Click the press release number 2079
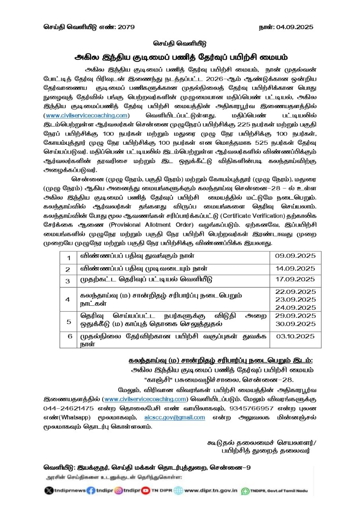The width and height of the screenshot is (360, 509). (x=126, y=27)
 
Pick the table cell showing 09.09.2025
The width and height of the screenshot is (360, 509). (x=295, y=256)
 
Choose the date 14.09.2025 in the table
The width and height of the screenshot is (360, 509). (x=295, y=268)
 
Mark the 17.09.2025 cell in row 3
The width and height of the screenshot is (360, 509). (x=295, y=279)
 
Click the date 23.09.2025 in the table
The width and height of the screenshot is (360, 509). (x=295, y=299)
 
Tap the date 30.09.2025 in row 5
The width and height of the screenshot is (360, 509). (x=295, y=324)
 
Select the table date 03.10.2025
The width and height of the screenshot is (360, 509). (x=295, y=336)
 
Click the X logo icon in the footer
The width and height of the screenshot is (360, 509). (x=49, y=491)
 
